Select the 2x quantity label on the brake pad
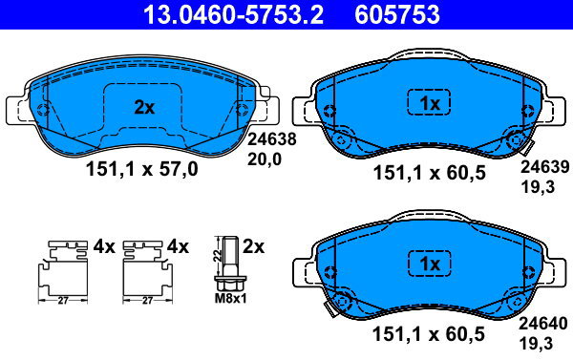point(143,108)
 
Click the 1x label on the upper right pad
point(428,101)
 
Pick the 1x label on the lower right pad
point(428,263)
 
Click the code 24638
point(272,139)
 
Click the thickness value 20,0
point(266,159)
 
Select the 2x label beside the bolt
point(253,246)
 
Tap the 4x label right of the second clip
point(179,246)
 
